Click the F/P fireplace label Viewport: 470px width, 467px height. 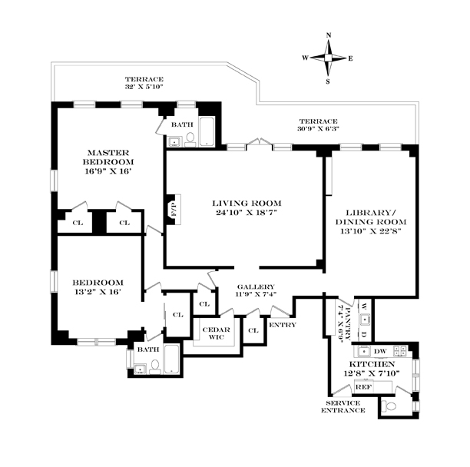pos(174,209)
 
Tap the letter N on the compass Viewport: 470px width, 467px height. pos(329,35)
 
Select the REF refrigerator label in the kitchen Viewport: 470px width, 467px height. pos(363,387)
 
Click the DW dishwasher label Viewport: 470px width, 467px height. pos(380,351)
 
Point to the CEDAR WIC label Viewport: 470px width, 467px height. pos(216,333)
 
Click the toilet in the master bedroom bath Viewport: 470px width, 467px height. pos(190,141)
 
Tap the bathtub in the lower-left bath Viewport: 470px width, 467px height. pos(172,359)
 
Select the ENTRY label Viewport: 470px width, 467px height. pos(283,325)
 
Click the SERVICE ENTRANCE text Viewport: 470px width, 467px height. pos(343,407)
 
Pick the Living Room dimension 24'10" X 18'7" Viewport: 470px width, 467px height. pos(246,213)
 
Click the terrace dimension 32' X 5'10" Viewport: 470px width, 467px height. pos(144,87)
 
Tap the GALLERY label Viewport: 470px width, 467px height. pos(256,286)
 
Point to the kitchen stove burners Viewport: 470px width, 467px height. pos(400,351)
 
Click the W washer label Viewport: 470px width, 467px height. pos(364,306)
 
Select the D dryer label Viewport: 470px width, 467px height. pos(364,333)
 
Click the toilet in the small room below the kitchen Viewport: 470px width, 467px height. pos(389,407)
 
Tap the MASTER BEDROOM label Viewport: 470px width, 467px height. pos(108,157)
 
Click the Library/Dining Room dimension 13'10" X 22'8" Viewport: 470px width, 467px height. pos(371,231)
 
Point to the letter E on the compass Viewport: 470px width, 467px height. pos(350,58)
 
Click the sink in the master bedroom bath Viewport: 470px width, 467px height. pos(174,141)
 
